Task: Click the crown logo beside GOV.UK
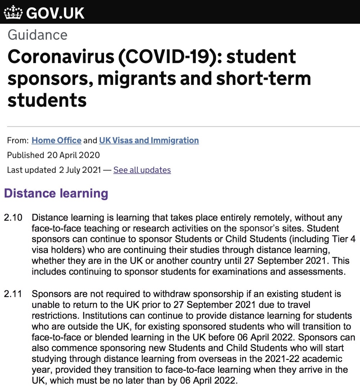point(13,13)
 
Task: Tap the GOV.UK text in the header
point(55,13)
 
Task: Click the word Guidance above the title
point(37,35)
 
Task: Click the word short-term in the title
point(264,78)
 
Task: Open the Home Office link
point(57,140)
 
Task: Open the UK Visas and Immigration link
point(149,140)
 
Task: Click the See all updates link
point(142,170)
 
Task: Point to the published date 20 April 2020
point(73,155)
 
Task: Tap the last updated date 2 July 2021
point(80,170)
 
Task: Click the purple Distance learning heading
point(56,193)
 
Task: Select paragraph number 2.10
point(13,218)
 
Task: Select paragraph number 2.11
point(13,294)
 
